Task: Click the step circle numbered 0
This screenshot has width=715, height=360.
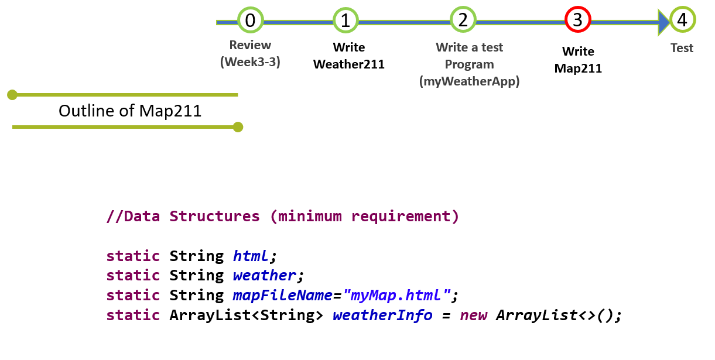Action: (x=250, y=20)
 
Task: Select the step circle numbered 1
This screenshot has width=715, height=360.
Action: (x=345, y=20)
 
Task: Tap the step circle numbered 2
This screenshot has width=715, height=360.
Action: (x=463, y=20)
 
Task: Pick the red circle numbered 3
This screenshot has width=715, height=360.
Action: (x=577, y=20)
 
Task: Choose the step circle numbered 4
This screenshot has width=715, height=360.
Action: (x=682, y=20)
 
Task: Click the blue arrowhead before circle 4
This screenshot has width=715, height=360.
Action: (x=663, y=22)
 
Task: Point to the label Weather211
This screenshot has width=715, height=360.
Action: (x=349, y=64)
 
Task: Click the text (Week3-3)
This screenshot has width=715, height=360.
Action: (x=250, y=61)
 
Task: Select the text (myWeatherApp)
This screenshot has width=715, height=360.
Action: (x=469, y=81)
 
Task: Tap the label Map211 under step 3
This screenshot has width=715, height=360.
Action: (x=578, y=68)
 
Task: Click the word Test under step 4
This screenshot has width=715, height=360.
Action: (x=682, y=48)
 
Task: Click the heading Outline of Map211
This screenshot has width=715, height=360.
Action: (x=130, y=111)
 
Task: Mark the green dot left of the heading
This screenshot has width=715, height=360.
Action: (x=12, y=94)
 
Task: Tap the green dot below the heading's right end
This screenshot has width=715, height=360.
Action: (x=237, y=126)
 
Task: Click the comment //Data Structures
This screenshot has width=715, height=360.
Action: (x=183, y=216)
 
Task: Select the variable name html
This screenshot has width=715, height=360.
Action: (x=251, y=256)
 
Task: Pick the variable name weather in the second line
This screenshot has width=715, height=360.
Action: (x=265, y=275)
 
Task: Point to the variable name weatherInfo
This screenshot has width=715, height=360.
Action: (x=382, y=315)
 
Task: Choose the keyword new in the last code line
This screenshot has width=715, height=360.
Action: (x=473, y=315)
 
